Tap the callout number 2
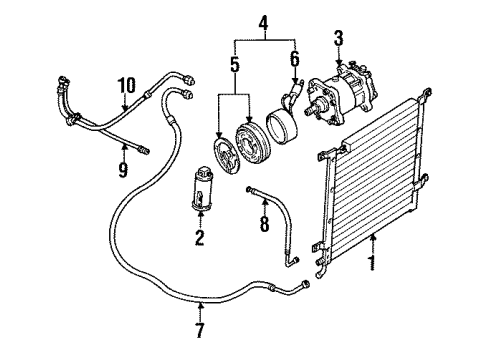tap(198, 237)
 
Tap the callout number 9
tap(122, 170)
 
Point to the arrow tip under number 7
tap(201, 308)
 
